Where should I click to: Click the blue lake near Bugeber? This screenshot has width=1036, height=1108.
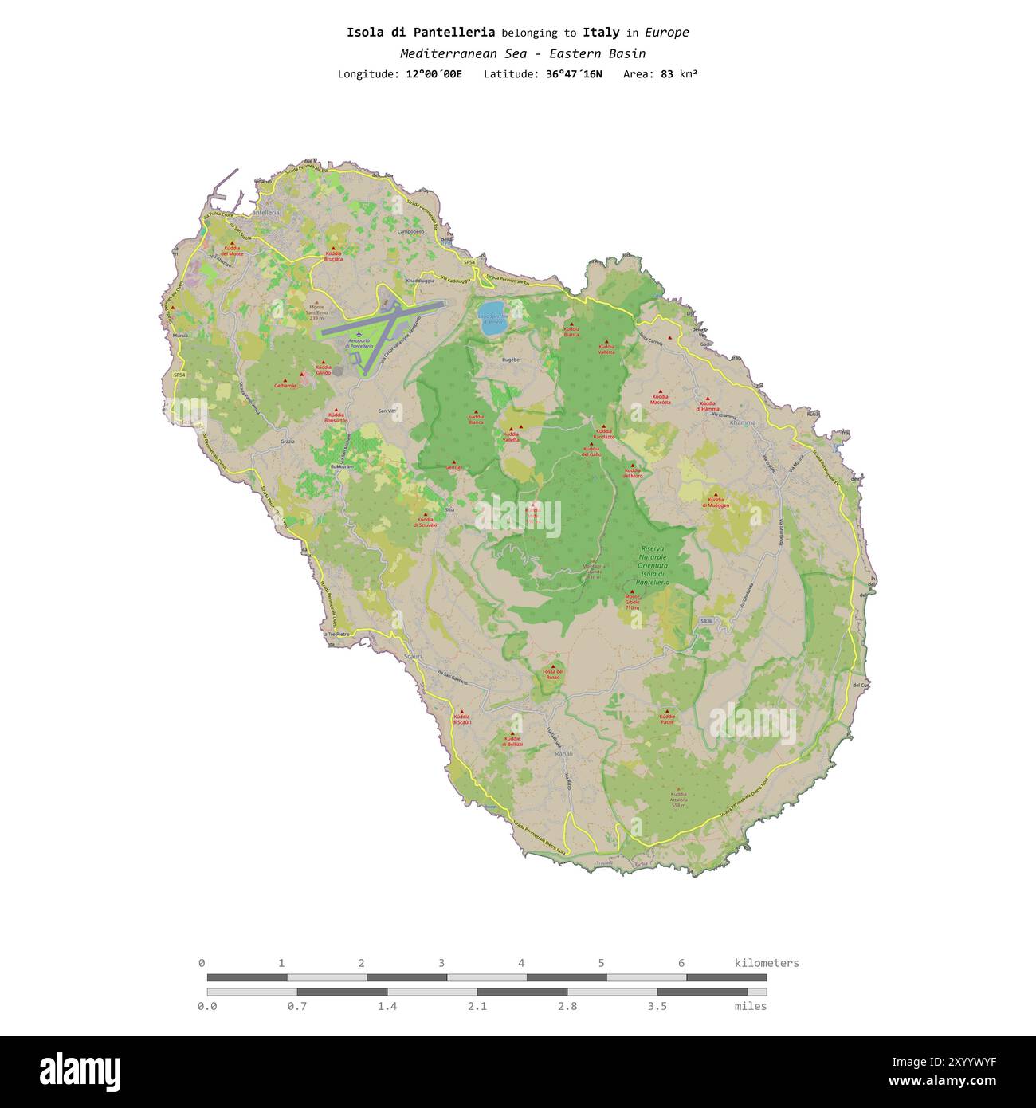click(491, 312)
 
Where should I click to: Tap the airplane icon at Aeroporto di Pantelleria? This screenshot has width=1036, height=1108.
click(359, 333)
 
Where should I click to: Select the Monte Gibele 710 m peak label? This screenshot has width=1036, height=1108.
click(632, 602)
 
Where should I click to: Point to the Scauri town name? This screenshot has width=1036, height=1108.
click(412, 656)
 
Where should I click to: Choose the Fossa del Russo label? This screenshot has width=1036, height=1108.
click(553, 674)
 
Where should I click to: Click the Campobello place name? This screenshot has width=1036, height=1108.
click(410, 231)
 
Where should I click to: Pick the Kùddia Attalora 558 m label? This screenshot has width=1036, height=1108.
click(678, 799)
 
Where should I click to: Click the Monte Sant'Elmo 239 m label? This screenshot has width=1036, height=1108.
click(316, 312)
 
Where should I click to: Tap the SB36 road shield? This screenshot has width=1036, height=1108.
click(706, 621)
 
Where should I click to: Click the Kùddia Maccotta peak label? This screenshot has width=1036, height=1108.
click(660, 399)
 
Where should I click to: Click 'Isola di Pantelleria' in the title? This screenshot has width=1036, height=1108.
click(420, 33)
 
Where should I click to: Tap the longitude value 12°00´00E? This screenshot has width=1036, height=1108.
click(434, 74)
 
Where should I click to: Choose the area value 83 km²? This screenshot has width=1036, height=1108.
click(679, 74)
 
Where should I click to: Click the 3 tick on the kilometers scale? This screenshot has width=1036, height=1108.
click(441, 963)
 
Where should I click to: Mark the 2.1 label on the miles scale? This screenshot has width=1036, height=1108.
click(477, 1006)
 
